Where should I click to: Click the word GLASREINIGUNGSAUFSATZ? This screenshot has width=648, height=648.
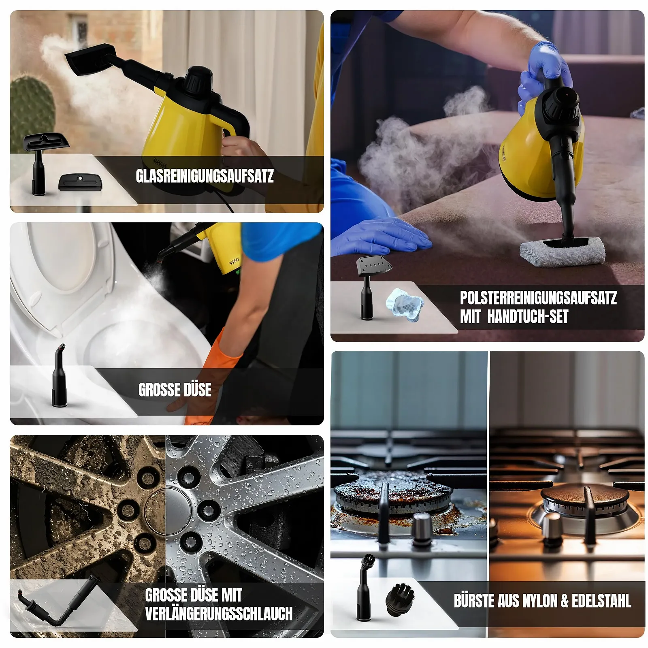[x=205, y=176]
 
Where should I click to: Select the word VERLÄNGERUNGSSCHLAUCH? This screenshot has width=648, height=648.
[x=219, y=614]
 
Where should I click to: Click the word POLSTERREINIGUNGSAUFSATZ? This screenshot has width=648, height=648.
[x=538, y=298]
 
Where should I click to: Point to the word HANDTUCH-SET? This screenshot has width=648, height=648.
[x=528, y=316]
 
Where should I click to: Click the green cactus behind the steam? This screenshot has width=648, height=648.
[x=32, y=113]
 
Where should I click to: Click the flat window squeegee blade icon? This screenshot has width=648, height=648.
[x=79, y=182]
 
